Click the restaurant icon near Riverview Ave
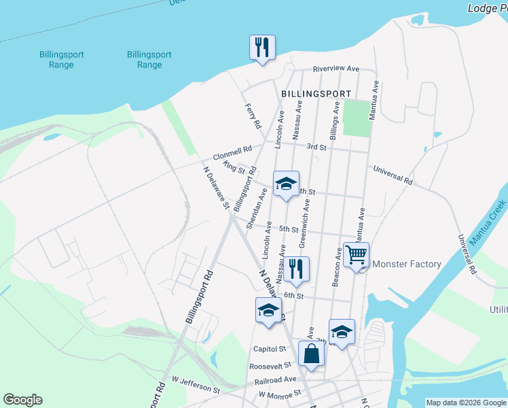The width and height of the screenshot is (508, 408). pos(262,48)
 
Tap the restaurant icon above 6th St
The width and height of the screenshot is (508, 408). pos(297,269)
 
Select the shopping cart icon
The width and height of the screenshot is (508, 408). pos(356,255)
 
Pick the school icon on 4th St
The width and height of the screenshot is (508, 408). pos(287,184)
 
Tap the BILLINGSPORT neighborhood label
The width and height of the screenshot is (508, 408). pos(316,94)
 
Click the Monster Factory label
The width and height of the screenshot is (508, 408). pos(407,264)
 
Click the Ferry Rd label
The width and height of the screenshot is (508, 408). pos(253,116)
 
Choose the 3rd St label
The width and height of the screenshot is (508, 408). pos(316,147)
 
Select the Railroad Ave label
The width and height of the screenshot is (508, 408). pos(281,379)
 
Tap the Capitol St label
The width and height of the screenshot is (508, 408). pos(270,349)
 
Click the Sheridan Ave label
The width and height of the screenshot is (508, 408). pos(257,215)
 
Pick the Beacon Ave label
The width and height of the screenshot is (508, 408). pos(337,267)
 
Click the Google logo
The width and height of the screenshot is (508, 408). pos(22,400)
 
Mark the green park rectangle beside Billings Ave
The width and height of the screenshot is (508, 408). pos(356,118)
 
